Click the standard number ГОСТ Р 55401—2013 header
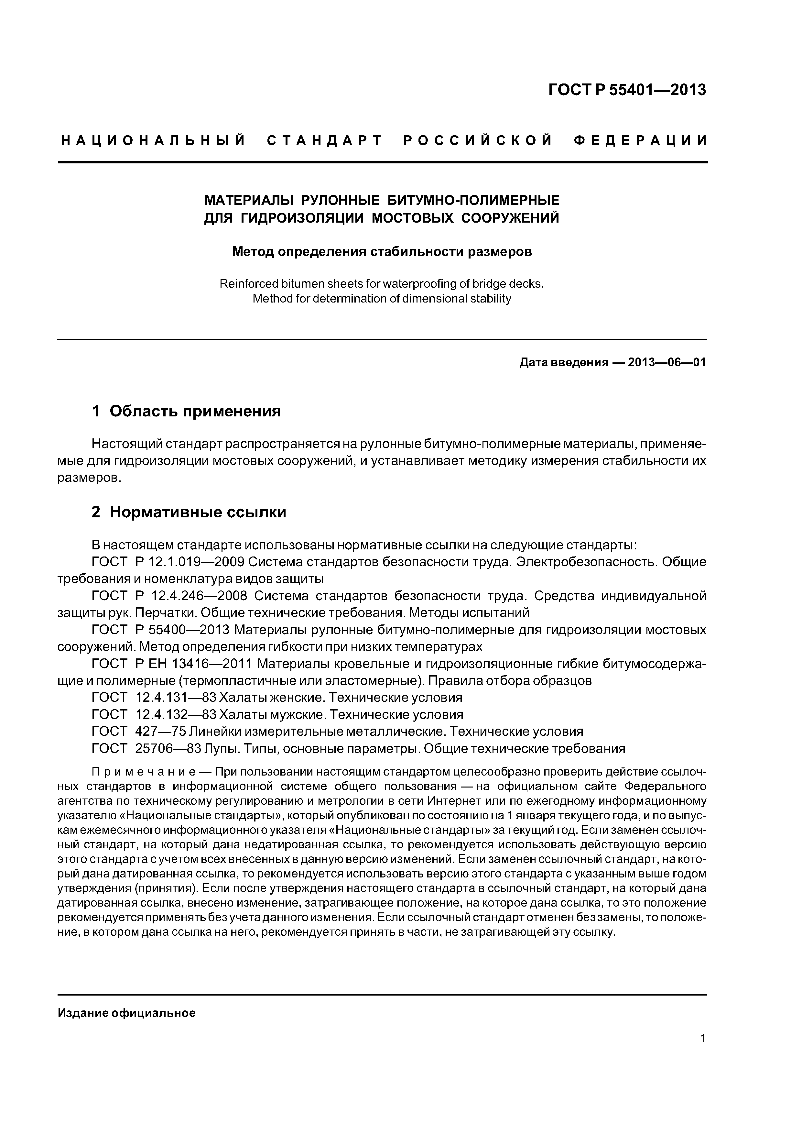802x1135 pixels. click(627, 90)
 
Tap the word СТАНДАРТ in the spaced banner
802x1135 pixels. click(325, 141)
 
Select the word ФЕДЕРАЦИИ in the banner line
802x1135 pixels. click(640, 141)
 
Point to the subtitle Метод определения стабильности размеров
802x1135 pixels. click(382, 252)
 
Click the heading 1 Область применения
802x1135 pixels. click(186, 411)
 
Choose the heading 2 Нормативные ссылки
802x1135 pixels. click(189, 512)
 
